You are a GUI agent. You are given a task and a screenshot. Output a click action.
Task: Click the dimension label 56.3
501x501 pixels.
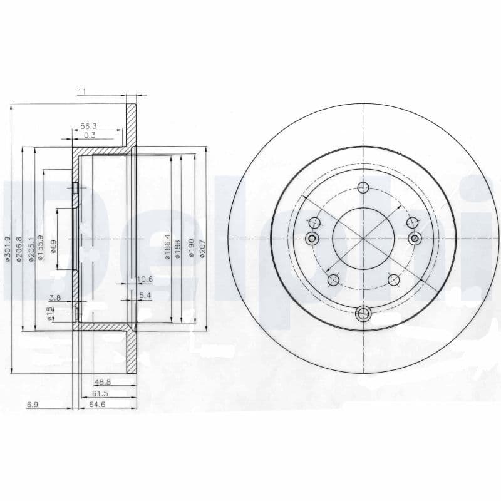coord(88,125)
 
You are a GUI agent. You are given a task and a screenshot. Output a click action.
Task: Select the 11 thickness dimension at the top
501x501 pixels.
coord(81,91)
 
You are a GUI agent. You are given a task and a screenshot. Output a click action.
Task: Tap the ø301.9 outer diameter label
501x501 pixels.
coord(8,248)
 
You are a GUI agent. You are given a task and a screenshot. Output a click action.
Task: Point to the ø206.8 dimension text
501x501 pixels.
coord(19,249)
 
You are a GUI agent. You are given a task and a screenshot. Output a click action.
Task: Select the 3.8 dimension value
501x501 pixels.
coord(55,298)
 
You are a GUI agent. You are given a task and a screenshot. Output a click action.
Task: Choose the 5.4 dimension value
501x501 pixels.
coord(145,294)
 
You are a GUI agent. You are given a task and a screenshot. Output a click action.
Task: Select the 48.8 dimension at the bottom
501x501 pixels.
coord(102,381)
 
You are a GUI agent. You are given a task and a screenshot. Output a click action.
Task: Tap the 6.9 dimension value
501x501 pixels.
coord(33,405)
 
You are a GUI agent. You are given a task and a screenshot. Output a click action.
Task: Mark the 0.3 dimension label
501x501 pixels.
coord(90,135)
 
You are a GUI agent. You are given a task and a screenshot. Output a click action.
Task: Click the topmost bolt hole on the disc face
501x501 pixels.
coord(363,187)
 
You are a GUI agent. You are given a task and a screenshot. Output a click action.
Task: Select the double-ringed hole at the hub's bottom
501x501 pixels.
coord(363,314)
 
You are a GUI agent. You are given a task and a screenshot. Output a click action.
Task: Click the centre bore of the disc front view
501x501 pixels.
coord(363,239)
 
